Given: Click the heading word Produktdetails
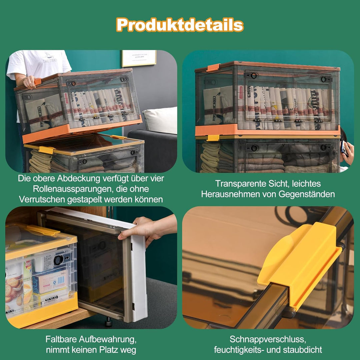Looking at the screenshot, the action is coord(180,25).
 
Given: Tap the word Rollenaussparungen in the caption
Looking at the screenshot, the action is coord(73,189).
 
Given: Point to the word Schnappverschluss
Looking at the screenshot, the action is coord(268,339).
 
